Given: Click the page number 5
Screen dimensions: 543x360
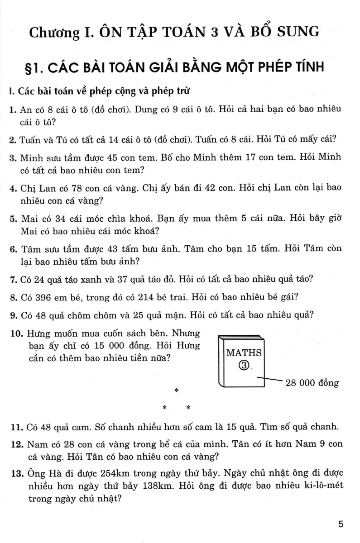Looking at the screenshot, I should click(341, 525).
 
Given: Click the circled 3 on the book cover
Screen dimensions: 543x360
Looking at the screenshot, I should click(243, 365).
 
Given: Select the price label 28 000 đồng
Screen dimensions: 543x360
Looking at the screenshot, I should click(312, 383).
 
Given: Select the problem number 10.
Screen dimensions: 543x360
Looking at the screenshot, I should click(16, 334).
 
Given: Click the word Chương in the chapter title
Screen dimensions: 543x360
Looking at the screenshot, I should click(51, 33).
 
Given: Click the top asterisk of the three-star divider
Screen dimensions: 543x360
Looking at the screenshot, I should click(177, 391).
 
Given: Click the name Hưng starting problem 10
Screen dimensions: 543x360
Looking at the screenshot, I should click(37, 334).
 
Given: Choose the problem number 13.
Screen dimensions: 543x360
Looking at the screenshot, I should click(16, 473).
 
